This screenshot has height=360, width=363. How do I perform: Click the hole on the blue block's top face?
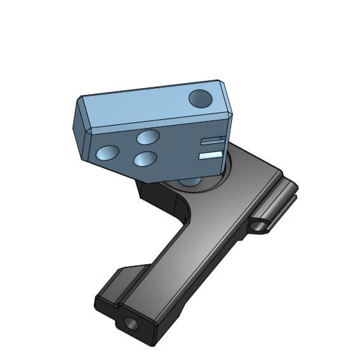[x=201, y=98]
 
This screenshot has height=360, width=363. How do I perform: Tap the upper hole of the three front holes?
[x=148, y=137]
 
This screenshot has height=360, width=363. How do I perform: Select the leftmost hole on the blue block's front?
[x=106, y=153]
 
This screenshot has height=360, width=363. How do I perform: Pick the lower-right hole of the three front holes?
[x=145, y=158]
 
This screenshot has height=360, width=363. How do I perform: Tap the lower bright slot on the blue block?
[x=210, y=154]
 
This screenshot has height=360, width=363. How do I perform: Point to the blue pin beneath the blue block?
[x=190, y=182]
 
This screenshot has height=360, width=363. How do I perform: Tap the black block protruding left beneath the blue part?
[x=152, y=193]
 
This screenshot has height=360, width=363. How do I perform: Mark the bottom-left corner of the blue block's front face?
[x=89, y=158]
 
